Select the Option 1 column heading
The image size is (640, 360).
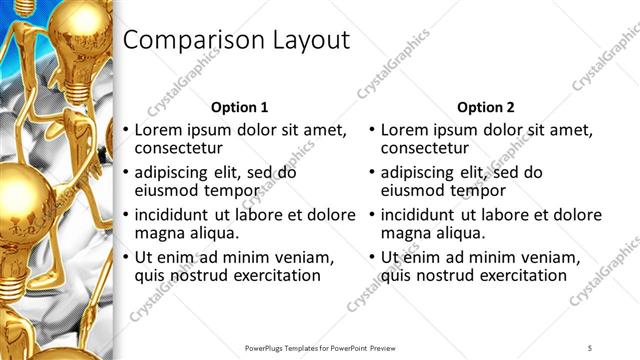240,107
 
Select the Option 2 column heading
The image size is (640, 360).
485,107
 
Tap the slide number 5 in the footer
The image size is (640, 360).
590,347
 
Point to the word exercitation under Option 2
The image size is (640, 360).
521,275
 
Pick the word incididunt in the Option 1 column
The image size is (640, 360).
170,215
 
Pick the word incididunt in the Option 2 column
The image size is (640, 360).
416,215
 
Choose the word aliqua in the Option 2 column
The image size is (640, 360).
459,233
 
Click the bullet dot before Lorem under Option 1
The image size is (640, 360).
126,130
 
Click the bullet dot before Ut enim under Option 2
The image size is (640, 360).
372,257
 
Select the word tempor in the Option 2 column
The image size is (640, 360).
483,190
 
